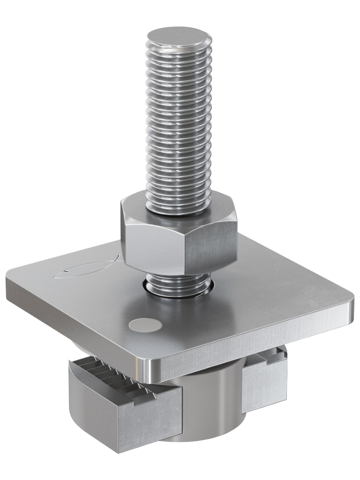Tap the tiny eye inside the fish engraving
click(68, 270)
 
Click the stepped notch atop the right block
click(274, 359)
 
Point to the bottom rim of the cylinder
click(202, 438)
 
